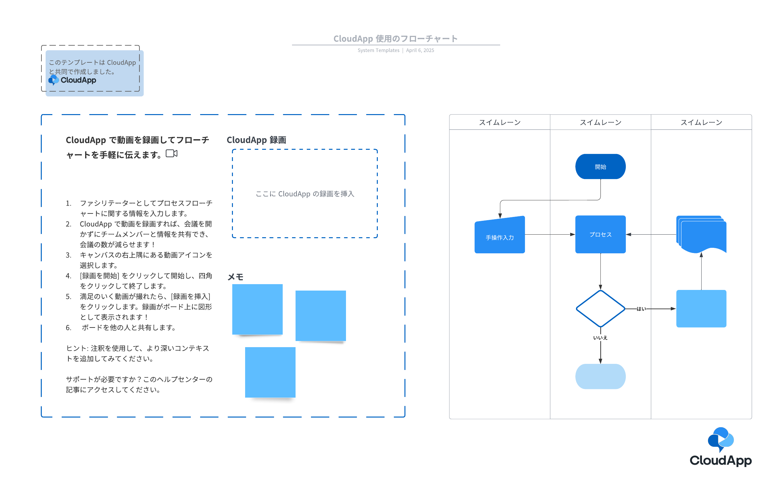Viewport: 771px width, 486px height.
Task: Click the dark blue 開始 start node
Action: coord(600,166)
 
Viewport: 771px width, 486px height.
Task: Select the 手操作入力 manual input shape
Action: coord(500,235)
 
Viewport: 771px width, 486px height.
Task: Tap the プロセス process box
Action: coord(600,234)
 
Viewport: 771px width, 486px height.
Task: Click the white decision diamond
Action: coord(600,309)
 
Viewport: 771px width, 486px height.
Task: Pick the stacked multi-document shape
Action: coord(701,234)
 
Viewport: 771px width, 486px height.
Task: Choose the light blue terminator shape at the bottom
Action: coord(600,376)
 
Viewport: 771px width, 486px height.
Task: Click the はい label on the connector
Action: coord(641,309)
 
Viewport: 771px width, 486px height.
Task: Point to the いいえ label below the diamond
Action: coord(600,337)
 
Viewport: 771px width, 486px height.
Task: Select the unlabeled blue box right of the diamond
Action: coord(701,309)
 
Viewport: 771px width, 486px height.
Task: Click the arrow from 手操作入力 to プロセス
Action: coord(550,234)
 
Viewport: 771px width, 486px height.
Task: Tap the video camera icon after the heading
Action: coord(172,154)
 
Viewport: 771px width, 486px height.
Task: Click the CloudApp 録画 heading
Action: coord(256,140)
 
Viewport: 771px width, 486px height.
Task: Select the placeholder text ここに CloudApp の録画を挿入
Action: coord(305,194)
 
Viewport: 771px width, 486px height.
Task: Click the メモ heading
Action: coord(235,277)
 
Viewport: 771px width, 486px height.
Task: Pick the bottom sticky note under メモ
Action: coord(270,372)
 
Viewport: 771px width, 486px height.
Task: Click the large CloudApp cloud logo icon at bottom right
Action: coord(721,439)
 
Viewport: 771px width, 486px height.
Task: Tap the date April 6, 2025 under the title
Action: coord(420,50)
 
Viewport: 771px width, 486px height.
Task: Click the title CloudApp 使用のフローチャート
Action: coord(395,39)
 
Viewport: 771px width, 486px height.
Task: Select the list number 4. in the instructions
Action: coord(68,276)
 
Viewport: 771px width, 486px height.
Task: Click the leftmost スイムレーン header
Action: coord(500,122)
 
